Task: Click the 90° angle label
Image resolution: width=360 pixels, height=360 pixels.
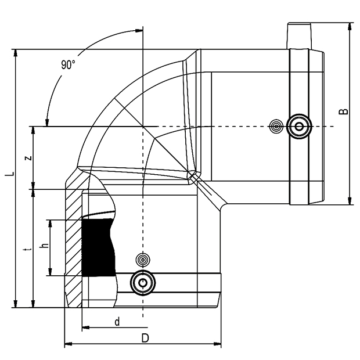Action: [68, 64]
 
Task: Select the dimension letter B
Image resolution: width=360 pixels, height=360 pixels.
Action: [344, 111]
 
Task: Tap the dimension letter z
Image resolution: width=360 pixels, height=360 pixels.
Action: [28, 158]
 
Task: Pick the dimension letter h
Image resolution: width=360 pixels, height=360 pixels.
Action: [45, 245]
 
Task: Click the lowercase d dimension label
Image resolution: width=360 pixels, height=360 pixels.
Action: [117, 322]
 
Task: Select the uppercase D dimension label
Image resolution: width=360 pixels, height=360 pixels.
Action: [145, 338]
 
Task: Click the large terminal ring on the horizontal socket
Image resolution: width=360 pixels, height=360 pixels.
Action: [299, 126]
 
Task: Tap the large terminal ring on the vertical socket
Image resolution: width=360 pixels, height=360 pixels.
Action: [143, 283]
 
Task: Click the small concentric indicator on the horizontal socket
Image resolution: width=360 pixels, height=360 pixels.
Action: [276, 126]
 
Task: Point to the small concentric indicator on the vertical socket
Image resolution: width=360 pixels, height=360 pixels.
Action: [143, 260]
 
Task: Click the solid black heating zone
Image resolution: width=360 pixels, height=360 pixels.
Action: [98, 247]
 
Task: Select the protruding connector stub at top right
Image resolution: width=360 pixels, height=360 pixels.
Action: [299, 36]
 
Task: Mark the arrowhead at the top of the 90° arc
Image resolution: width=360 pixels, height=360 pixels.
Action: [139, 30]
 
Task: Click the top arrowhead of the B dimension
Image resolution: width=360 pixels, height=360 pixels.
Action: [350, 26]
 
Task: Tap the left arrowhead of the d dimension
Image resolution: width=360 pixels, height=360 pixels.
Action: [85, 327]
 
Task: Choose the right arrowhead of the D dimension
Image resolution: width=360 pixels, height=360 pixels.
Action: [217, 344]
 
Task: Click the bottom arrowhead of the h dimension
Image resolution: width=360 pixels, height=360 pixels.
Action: [50, 272]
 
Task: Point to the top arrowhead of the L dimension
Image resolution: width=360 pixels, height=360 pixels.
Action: [15, 53]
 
